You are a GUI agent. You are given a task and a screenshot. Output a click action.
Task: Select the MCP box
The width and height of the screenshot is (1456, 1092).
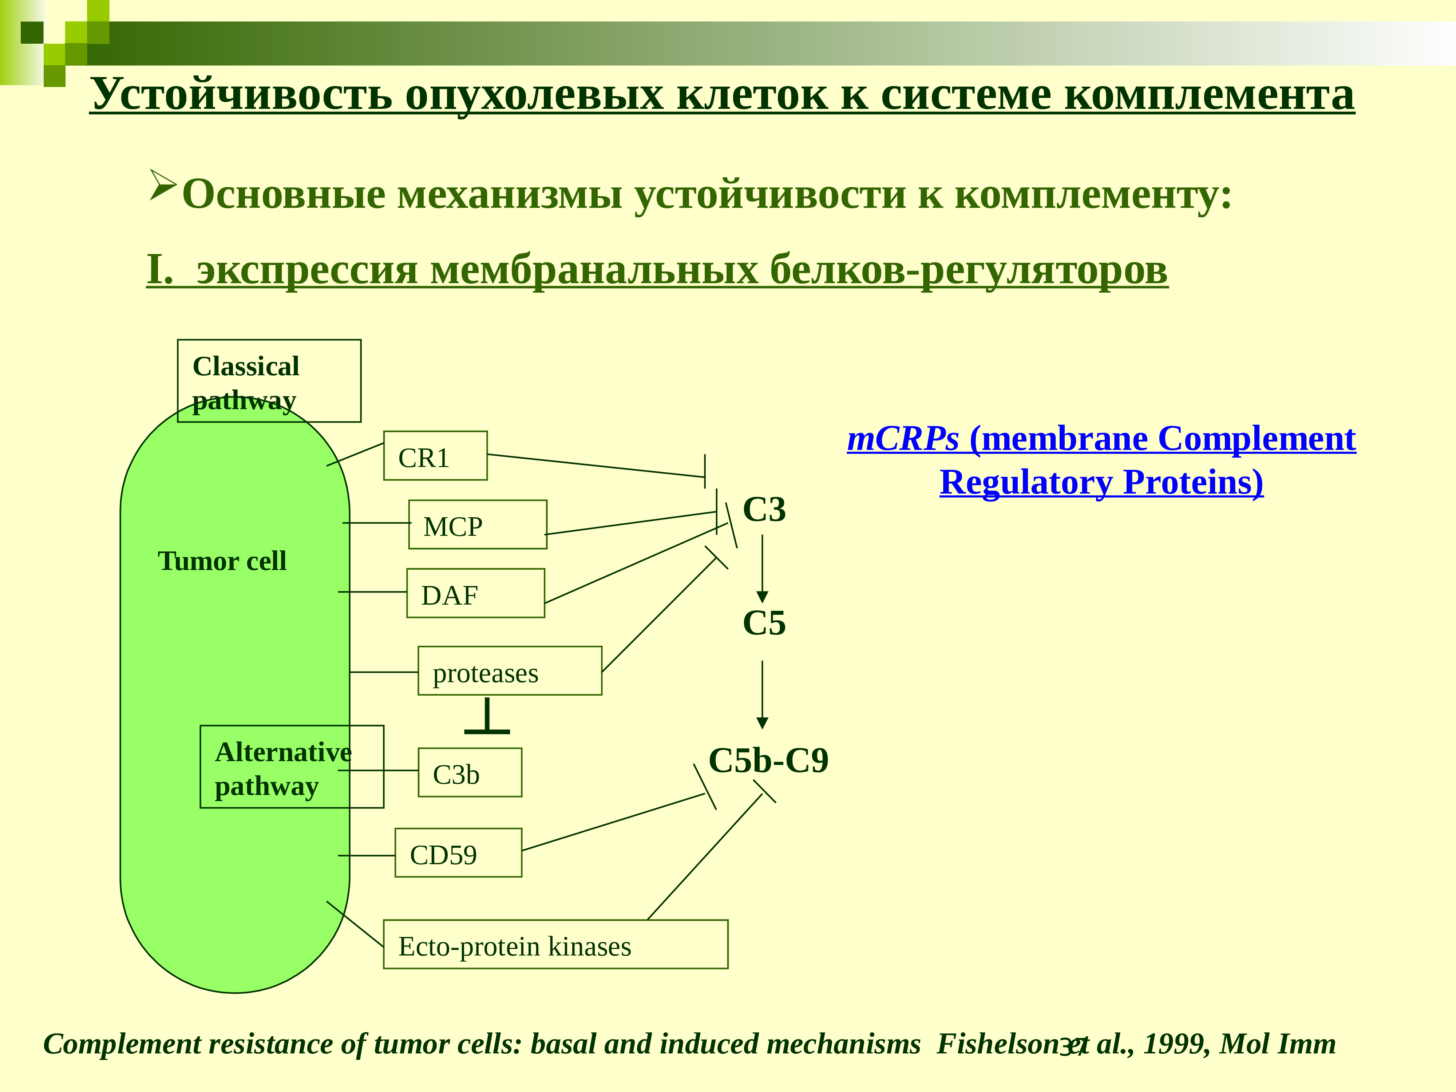[x=477, y=525]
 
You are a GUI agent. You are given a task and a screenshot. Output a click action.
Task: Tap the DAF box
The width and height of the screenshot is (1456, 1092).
[x=475, y=593]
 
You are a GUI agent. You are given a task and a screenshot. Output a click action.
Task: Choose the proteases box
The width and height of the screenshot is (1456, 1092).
[x=510, y=671]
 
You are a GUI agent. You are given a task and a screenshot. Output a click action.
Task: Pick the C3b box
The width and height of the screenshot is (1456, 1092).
[x=469, y=773]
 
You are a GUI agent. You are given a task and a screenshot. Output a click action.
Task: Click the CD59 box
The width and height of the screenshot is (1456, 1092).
[x=458, y=853]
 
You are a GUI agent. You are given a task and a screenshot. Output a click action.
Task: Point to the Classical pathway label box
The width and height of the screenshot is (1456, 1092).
[x=269, y=381]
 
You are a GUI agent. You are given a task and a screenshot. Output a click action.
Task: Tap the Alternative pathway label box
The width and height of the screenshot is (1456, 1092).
[x=292, y=767]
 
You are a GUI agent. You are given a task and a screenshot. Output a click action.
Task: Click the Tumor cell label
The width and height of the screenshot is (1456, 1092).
[x=222, y=561]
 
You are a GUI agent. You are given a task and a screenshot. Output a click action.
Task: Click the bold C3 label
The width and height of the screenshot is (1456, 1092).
[x=764, y=510]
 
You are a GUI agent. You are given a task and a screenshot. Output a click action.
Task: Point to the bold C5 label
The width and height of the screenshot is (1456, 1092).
[x=764, y=623]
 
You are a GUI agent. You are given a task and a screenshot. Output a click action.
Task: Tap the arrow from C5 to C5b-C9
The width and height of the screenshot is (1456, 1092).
[x=762, y=695]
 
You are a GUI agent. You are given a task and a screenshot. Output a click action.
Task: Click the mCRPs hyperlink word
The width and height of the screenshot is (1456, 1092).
[x=902, y=439]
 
